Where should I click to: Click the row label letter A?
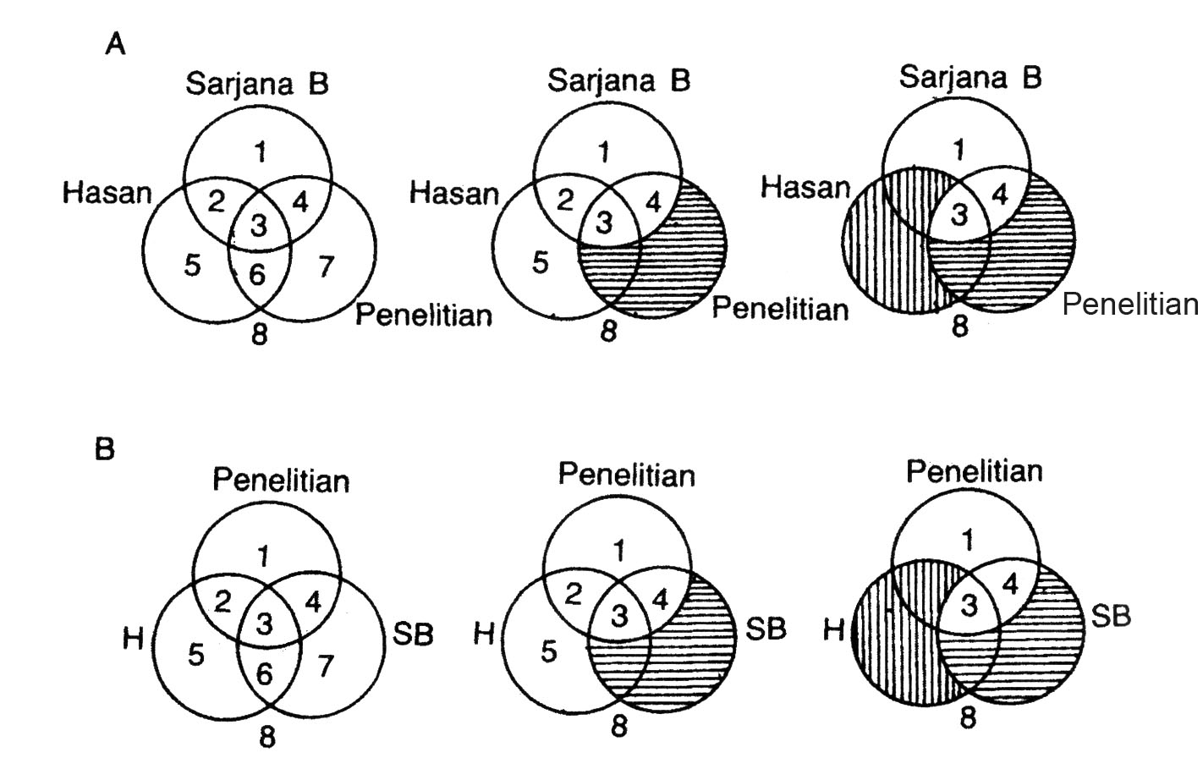[116, 44]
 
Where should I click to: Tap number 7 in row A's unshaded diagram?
[325, 267]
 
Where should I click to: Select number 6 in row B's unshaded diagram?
[266, 674]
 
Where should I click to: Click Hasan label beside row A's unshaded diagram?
[107, 194]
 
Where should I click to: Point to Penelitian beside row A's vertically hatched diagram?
[1131, 305]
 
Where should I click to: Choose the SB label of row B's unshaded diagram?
[413, 634]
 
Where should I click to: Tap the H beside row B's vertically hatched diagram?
[834, 630]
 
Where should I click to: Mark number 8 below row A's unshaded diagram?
[260, 334]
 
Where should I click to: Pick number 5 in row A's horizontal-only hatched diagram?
[540, 261]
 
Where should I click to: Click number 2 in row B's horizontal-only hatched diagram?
[574, 596]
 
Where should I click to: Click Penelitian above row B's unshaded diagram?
[281, 481]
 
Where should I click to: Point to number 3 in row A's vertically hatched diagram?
[959, 215]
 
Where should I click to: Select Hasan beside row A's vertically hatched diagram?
[805, 187]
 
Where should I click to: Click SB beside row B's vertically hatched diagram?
[1111, 617]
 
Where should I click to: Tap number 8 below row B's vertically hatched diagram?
[968, 718]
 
